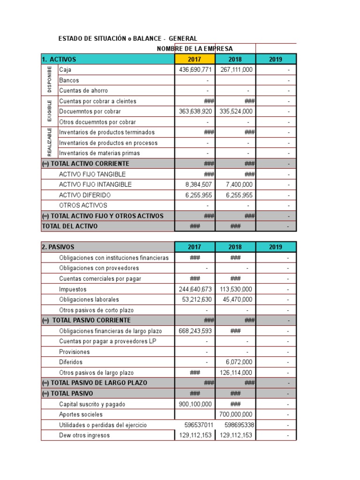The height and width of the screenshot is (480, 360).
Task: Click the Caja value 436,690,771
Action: [x=195, y=69]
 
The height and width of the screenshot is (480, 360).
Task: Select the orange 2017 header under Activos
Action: [x=195, y=59]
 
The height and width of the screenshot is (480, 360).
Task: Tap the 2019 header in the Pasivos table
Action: [x=276, y=247]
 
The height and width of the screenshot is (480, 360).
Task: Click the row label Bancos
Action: [x=69, y=80]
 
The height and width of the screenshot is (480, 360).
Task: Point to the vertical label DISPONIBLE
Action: [x=50, y=80]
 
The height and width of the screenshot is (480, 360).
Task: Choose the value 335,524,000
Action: [x=236, y=112]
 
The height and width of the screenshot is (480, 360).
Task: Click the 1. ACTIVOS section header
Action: [x=59, y=59]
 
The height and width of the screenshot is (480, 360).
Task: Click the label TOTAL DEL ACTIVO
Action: [x=70, y=226]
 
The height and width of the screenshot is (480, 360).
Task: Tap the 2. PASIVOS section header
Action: [x=58, y=247]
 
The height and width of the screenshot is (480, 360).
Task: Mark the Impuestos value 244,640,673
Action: [x=195, y=289]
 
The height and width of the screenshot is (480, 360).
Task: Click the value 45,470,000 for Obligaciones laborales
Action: [x=236, y=300]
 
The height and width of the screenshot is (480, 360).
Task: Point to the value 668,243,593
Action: [x=195, y=331]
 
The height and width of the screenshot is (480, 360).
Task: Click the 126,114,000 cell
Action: [x=236, y=373]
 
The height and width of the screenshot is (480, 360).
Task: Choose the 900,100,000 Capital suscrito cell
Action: [x=195, y=404]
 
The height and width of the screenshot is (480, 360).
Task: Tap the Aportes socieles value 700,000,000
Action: [x=236, y=414]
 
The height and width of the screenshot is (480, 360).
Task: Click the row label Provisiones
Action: [x=74, y=352]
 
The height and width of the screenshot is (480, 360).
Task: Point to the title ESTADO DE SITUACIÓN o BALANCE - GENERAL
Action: [x=127, y=38]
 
